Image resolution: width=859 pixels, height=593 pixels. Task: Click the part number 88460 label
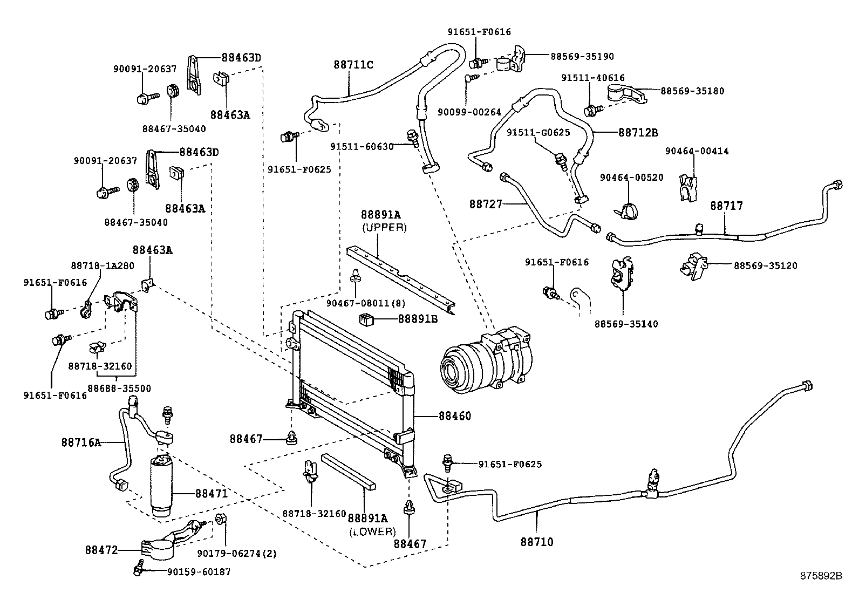(x=454, y=416)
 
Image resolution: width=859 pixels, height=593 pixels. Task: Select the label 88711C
(x=353, y=65)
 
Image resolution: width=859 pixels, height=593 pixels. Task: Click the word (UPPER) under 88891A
(x=384, y=227)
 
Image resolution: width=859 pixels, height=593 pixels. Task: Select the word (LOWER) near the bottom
(x=372, y=531)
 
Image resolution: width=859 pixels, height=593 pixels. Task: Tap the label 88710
(x=537, y=542)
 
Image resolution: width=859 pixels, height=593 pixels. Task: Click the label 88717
(x=726, y=206)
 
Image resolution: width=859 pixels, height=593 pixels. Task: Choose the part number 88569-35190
(x=582, y=56)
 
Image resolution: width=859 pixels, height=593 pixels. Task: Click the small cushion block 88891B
(x=367, y=319)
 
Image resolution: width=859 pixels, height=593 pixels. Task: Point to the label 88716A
(x=81, y=442)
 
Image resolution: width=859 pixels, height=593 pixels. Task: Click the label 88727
(x=486, y=204)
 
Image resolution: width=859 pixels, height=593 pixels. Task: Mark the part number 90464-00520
(x=631, y=178)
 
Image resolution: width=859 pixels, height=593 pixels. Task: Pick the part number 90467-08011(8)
(x=366, y=304)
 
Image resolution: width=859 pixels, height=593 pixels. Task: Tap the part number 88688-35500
(x=119, y=388)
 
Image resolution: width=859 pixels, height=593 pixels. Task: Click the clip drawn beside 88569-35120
(x=694, y=265)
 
